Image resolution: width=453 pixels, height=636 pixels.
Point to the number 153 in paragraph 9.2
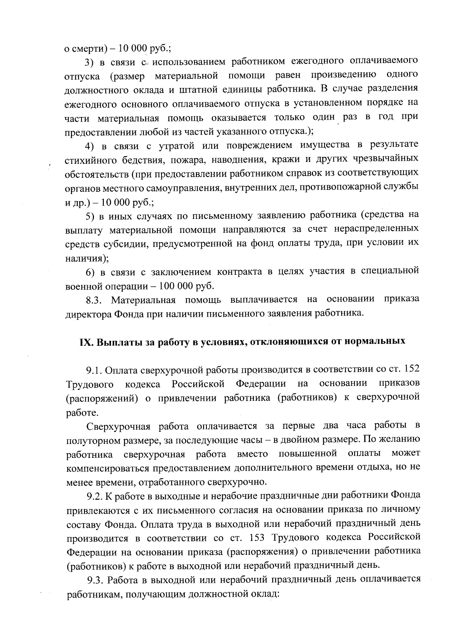click(258, 537)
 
